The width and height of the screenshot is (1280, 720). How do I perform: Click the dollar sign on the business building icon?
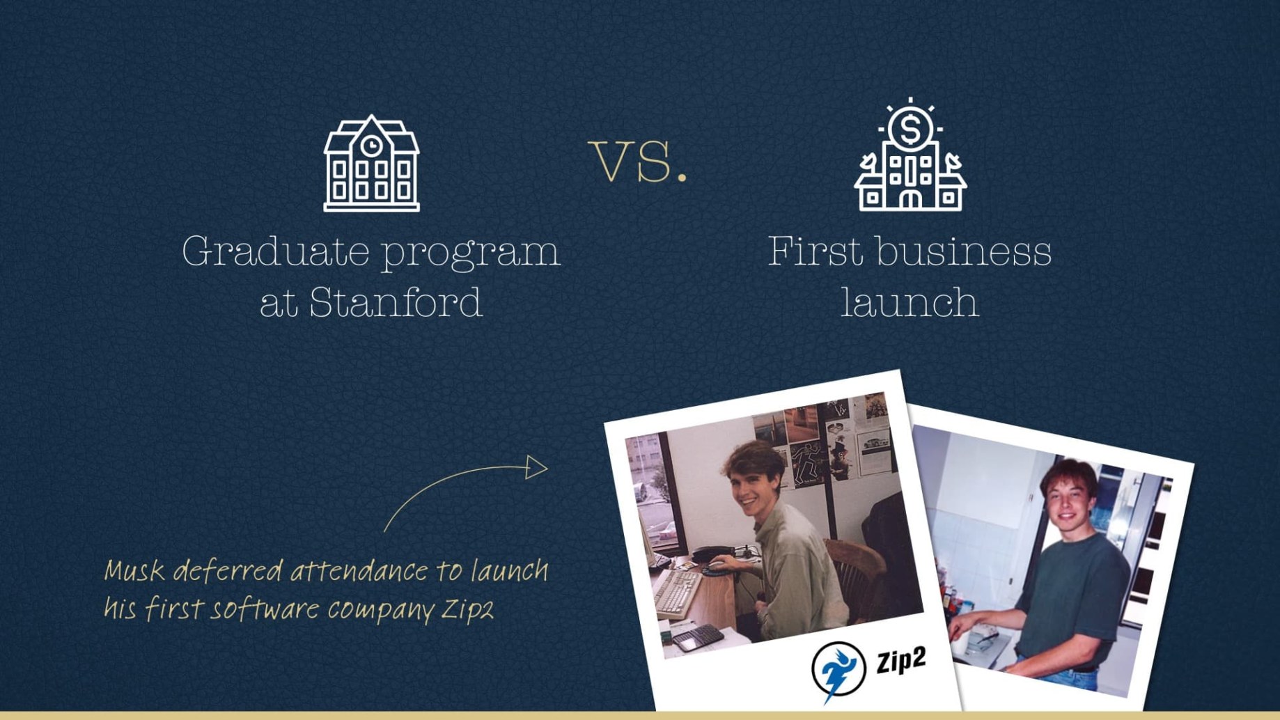[x=910, y=129]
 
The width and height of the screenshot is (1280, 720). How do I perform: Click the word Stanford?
[x=396, y=302]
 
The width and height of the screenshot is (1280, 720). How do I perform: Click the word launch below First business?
[x=910, y=302]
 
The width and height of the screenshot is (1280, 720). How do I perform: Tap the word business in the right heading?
[x=964, y=251]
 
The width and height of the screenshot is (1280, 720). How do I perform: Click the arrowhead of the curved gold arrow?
[x=537, y=467]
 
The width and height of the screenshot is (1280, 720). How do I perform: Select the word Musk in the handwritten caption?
[x=134, y=571]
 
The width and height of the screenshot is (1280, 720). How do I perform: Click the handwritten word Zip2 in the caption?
[x=467, y=609]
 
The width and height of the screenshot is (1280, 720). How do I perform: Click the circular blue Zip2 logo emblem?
[x=838, y=671]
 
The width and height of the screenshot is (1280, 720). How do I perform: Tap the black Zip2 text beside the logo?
[x=901, y=659]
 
